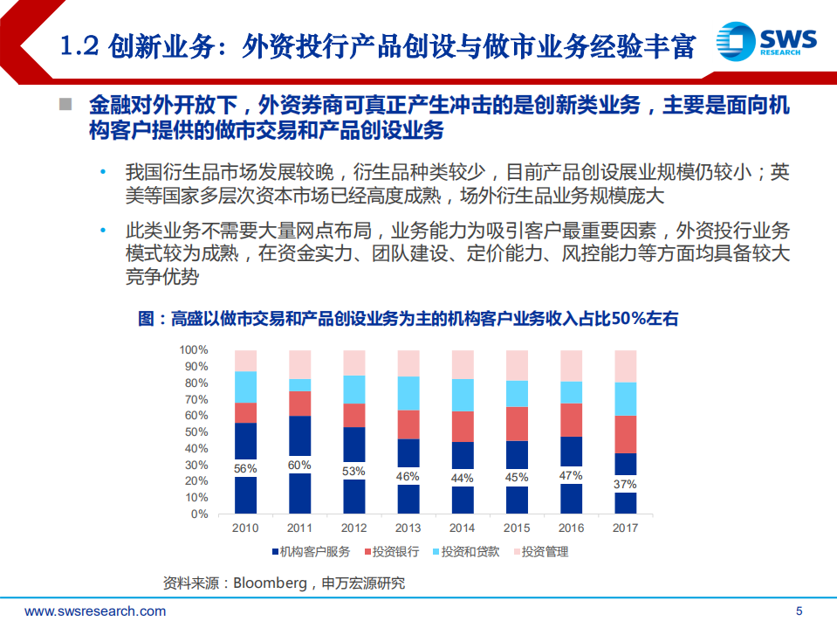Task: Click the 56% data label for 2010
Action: pyautogui.click(x=245, y=469)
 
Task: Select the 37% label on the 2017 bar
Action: pyautogui.click(x=625, y=485)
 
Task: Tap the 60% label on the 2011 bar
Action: pyautogui.click(x=299, y=466)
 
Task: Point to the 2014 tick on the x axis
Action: pyautogui.click(x=462, y=528)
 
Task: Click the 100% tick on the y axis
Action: pyautogui.click(x=193, y=350)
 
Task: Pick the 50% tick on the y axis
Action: pyautogui.click(x=196, y=432)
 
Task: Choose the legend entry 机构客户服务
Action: pyautogui.click(x=310, y=552)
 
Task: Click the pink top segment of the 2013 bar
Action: pyautogui.click(x=408, y=363)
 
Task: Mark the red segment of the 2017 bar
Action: pyautogui.click(x=625, y=434)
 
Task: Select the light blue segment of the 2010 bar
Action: pyautogui.click(x=245, y=387)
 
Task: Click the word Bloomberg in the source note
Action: pyautogui.click(x=269, y=583)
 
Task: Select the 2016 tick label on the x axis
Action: pyautogui.click(x=571, y=528)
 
